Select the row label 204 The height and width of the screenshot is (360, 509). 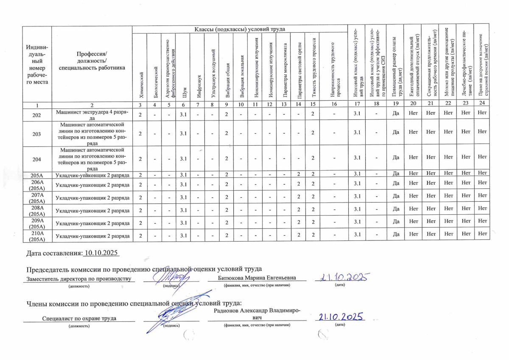pyautogui.click(x=36, y=159)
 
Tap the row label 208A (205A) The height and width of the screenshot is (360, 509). pyautogui.click(x=36, y=211)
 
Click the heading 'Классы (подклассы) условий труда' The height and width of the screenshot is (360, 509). pyautogui.click(x=239, y=29)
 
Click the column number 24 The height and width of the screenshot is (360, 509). pyautogui.click(x=481, y=103)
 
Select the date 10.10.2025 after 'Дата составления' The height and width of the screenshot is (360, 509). pyautogui.click(x=102, y=253)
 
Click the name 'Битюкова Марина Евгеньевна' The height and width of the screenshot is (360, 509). pyautogui.click(x=257, y=278)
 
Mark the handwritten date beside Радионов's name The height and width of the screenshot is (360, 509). pyautogui.click(x=340, y=318)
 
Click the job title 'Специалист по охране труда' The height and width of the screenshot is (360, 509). pyautogui.click(x=79, y=318)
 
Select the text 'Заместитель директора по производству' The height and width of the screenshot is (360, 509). pyautogui.click(x=78, y=278)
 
